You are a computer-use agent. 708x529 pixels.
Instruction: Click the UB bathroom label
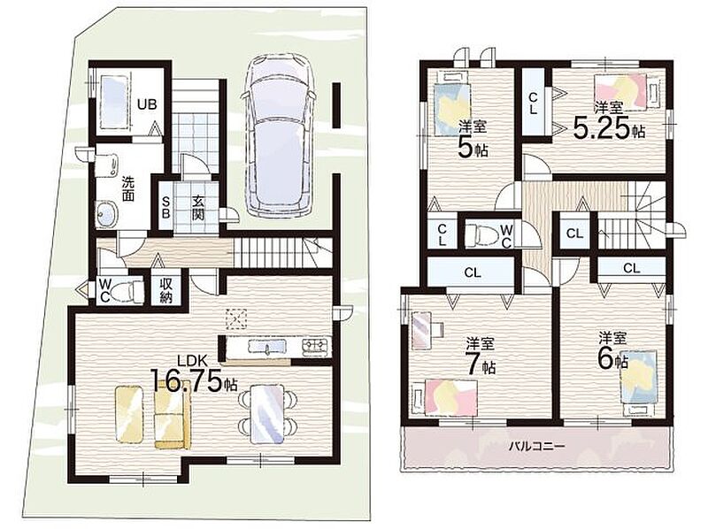pyautogui.click(x=147, y=104)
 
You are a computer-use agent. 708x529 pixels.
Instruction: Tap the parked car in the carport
pyautogui.click(x=277, y=135)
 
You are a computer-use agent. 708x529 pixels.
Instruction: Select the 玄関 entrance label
pyautogui.click(x=197, y=207)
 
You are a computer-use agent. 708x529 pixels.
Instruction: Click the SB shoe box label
pyautogui.click(x=165, y=207)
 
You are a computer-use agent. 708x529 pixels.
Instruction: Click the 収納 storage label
pyautogui.click(x=165, y=290)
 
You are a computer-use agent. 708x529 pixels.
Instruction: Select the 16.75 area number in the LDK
pyautogui.click(x=186, y=380)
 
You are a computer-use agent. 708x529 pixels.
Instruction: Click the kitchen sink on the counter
pyautogui.click(x=267, y=347)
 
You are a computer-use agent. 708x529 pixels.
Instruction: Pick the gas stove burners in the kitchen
pyautogui.click(x=317, y=346)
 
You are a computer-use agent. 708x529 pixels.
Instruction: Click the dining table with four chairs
pyautogui.click(x=267, y=413)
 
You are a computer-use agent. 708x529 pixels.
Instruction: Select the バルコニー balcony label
pyautogui.click(x=537, y=447)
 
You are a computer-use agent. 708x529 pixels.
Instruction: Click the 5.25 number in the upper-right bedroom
pyautogui.click(x=601, y=128)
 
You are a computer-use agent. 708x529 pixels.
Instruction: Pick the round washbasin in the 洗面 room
pyautogui.click(x=106, y=212)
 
